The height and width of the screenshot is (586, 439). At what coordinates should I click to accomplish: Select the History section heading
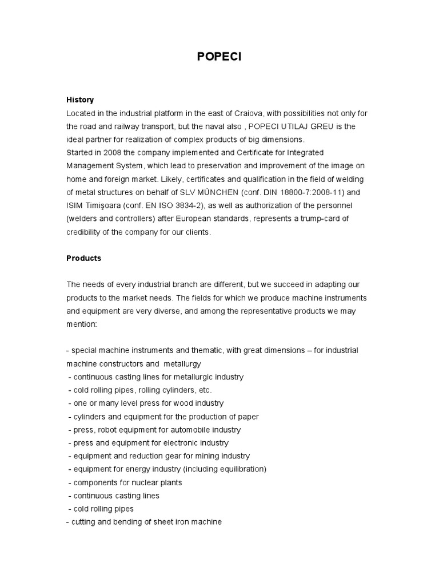(80, 100)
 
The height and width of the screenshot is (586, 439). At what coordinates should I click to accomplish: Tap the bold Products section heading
(83, 258)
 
